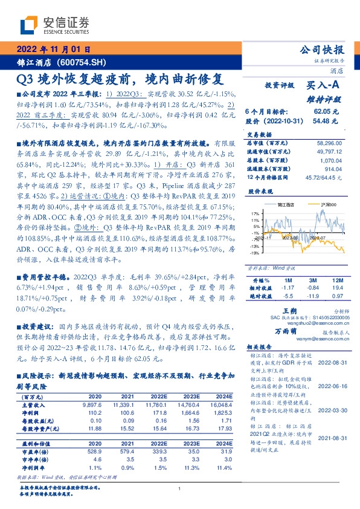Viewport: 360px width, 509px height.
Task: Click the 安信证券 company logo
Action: point(54,25)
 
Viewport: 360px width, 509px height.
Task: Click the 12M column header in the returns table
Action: point(337,281)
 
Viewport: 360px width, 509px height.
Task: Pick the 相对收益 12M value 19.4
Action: point(337,289)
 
